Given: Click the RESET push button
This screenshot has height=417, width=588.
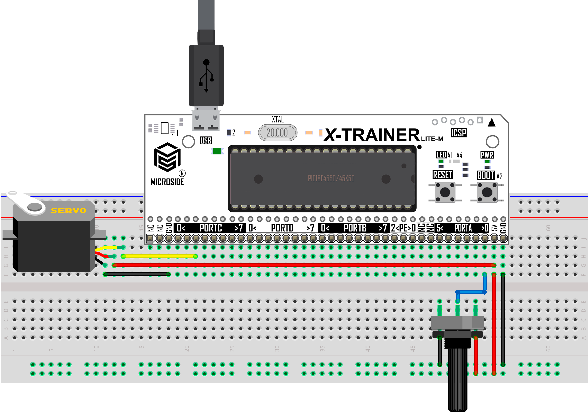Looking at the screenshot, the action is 445,192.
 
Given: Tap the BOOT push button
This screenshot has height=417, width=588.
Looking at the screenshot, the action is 487,192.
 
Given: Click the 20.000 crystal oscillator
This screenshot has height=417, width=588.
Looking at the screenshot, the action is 277,133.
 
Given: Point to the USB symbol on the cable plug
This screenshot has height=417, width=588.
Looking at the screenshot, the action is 206,76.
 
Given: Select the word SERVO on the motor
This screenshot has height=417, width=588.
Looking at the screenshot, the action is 69,210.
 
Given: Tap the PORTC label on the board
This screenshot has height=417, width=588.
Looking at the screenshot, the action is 211,228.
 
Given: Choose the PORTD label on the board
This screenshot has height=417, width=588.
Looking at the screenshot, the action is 282,228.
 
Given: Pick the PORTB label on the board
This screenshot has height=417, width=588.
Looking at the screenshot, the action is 355,228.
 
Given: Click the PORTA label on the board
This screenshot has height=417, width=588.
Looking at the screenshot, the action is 463,228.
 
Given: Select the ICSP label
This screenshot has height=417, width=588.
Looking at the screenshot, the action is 459,133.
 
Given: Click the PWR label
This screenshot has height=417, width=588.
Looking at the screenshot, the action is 487,155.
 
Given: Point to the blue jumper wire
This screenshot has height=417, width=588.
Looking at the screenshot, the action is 471,292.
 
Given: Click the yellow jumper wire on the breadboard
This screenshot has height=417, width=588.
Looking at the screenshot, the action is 159,257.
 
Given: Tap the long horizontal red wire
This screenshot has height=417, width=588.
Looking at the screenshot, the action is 302,265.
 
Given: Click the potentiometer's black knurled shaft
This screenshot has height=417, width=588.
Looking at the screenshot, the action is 457,378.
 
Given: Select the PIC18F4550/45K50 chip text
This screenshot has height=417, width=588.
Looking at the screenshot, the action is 331,178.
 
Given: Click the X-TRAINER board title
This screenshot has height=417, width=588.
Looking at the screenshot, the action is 372,135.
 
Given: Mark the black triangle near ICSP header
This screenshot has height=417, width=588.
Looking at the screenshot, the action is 492,122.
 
